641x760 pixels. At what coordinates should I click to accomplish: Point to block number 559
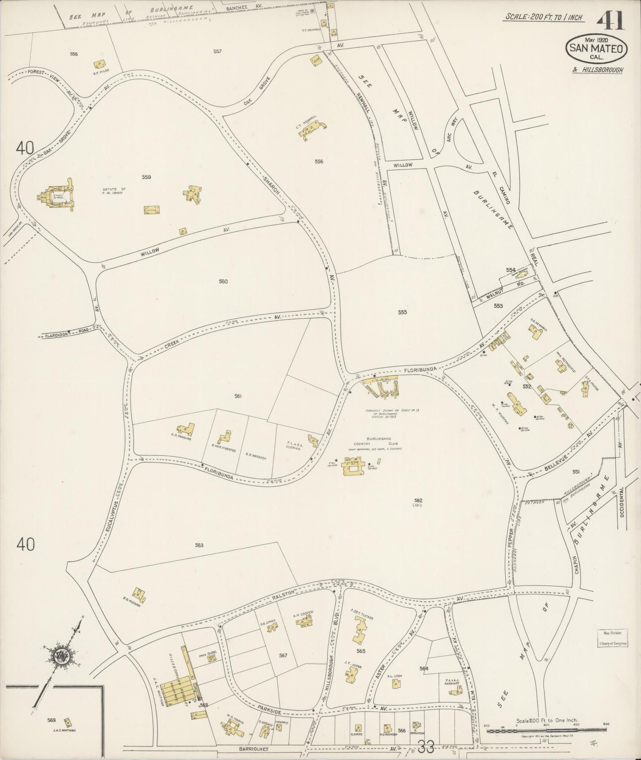click(146, 177)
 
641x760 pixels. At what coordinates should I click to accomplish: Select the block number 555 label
click(402, 312)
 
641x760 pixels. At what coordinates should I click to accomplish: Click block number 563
click(199, 545)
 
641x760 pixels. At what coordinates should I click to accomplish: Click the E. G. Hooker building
click(140, 593)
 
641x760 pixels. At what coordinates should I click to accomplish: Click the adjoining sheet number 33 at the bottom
click(426, 748)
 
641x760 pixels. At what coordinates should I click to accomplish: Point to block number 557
click(217, 51)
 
